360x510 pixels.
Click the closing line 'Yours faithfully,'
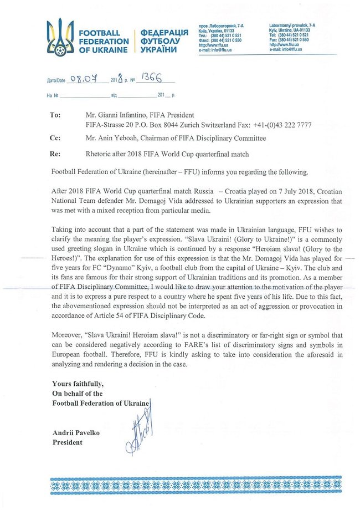pyautogui.click(x=78, y=384)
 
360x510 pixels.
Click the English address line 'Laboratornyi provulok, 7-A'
pyautogui.click(x=296, y=26)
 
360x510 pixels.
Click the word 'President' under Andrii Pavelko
pyautogui.click(x=67, y=442)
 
